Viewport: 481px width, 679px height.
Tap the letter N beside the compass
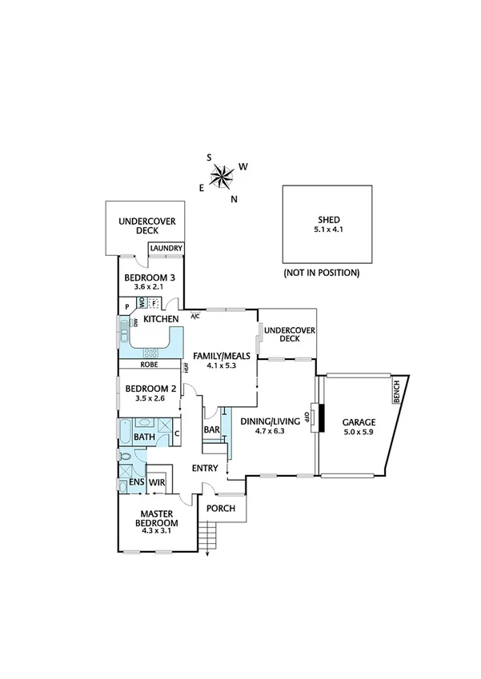[234, 199]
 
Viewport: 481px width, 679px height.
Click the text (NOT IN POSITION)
[322, 273]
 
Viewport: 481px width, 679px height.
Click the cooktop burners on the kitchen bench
[151, 353]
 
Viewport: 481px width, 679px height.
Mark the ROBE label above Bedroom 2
[148, 365]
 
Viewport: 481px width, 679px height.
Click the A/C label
[194, 317]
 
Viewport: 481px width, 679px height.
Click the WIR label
[157, 482]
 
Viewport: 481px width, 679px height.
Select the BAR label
[211, 430]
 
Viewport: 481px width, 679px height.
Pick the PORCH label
[220, 508]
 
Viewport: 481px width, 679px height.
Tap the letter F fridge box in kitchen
[155, 303]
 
